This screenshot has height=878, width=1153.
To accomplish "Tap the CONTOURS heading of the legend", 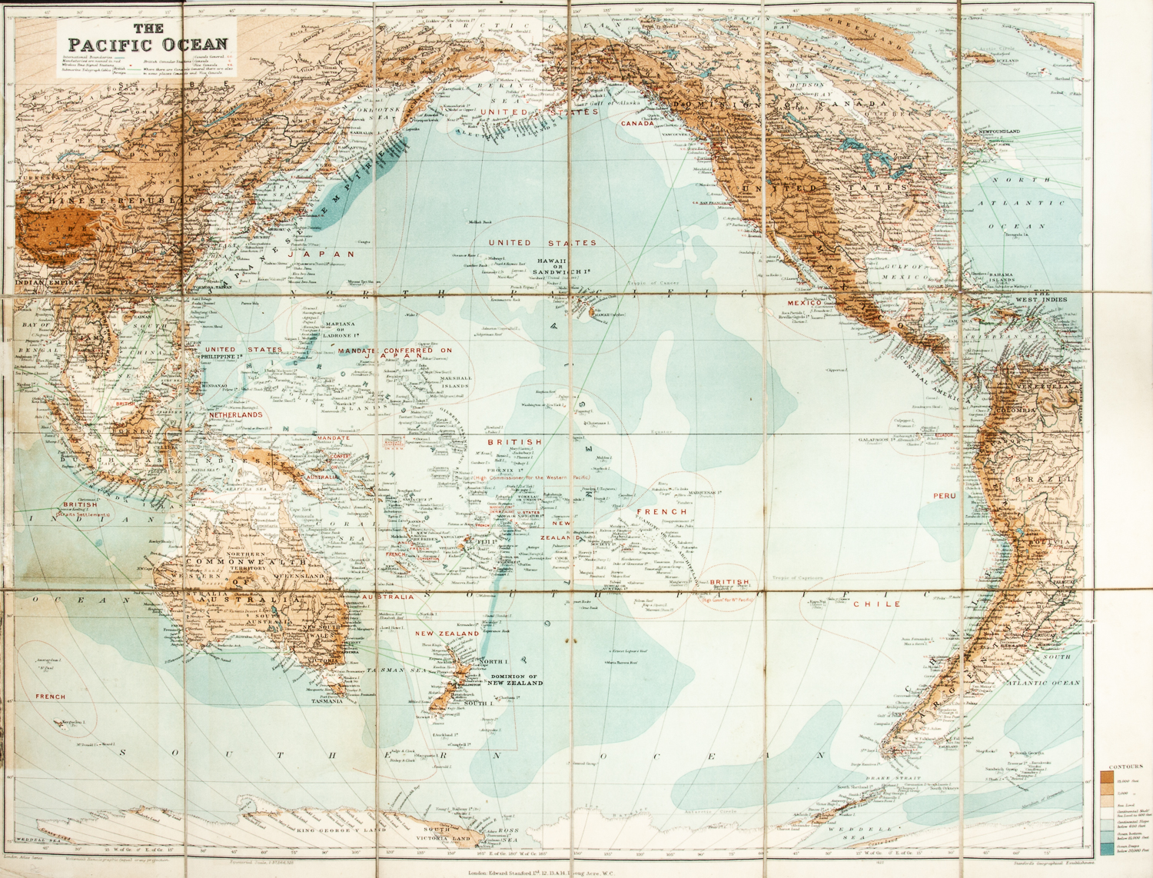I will (x=1125, y=767).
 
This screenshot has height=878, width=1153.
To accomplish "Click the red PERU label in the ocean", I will (x=945, y=497).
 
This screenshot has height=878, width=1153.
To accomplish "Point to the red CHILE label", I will (x=877, y=604).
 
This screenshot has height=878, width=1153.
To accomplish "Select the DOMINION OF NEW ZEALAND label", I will (x=517, y=680).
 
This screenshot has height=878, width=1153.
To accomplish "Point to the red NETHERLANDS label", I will (x=236, y=415).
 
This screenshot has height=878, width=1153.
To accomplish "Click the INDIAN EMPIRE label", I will (x=47, y=283).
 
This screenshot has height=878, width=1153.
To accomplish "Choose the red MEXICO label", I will (x=804, y=304).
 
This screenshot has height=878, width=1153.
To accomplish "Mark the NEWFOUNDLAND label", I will (x=999, y=131).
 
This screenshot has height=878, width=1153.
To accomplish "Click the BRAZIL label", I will (x=1053, y=479).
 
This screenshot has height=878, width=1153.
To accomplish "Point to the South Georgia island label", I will (x=1030, y=754).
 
